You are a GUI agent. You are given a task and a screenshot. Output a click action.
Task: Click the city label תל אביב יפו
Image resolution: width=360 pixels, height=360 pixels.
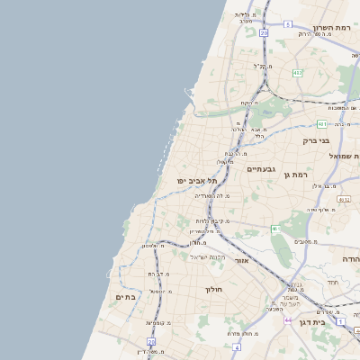point(196,181)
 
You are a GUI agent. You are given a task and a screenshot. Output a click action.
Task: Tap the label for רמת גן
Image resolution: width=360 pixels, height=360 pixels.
point(296,175)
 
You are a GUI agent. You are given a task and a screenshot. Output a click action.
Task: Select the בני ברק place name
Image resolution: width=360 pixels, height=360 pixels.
point(316,140)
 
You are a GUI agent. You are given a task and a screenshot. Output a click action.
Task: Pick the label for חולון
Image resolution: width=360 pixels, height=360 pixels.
point(213,289)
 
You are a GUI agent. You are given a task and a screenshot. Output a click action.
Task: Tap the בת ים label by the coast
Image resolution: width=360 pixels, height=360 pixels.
point(124,296)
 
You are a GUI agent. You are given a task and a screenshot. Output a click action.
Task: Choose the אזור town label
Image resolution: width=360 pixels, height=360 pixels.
point(241,260)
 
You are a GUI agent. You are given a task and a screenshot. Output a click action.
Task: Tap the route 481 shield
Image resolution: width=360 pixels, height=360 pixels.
point(321,124)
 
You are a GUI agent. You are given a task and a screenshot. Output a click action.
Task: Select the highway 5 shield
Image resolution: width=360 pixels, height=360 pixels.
point(275,229)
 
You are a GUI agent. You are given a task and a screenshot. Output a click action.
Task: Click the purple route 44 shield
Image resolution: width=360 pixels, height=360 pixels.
point(288,319)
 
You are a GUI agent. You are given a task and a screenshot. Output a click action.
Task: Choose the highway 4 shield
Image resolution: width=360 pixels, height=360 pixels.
point(236,346)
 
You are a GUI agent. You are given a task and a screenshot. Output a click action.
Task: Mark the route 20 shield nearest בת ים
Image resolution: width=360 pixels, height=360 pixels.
point(151,342)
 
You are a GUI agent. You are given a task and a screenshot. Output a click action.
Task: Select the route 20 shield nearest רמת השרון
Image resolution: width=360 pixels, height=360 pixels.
point(264,32)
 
